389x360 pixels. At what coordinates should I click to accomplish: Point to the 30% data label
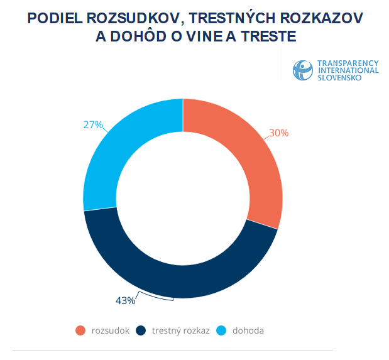pos(278,133)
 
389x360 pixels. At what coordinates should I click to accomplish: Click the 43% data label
pos(125,300)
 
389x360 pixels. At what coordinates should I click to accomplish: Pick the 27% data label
pos(92,124)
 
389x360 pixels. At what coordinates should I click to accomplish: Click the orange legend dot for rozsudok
pos(80,330)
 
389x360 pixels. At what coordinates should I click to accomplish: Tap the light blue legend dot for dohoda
pos(221,330)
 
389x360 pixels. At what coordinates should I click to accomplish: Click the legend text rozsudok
pos(111,330)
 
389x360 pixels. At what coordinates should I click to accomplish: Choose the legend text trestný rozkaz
pos(180,330)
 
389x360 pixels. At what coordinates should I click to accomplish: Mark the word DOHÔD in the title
pos(146,37)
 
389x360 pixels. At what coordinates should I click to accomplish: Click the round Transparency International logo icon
pos(302,70)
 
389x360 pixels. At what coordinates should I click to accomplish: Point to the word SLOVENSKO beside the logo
pos(339,78)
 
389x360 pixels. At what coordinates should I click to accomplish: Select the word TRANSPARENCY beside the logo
pos(348,63)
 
